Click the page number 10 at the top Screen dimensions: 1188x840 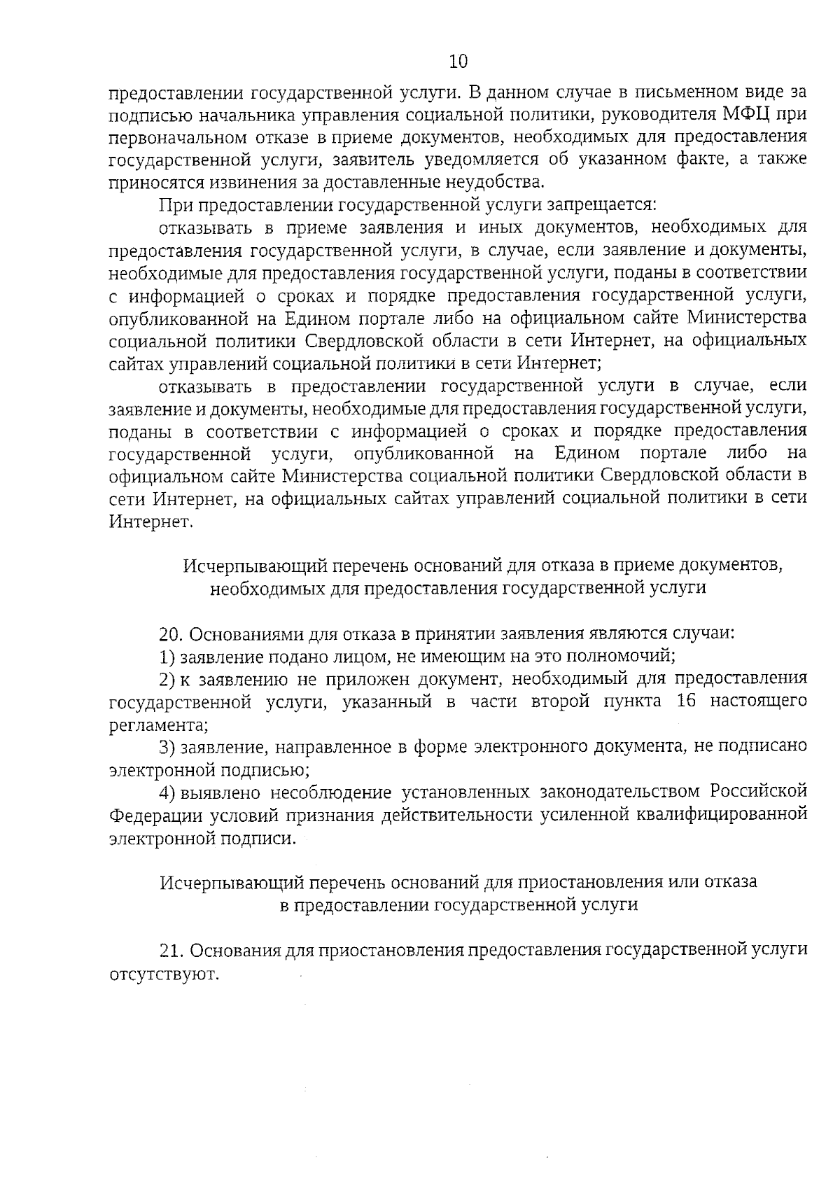[458, 62]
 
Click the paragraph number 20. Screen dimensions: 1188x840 [170, 634]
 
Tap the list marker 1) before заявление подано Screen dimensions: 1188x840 [167, 657]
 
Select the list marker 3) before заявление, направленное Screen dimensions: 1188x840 [167, 748]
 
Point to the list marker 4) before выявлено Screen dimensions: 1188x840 [167, 792]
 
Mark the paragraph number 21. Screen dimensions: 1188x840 [170, 951]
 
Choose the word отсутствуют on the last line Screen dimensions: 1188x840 [164, 974]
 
